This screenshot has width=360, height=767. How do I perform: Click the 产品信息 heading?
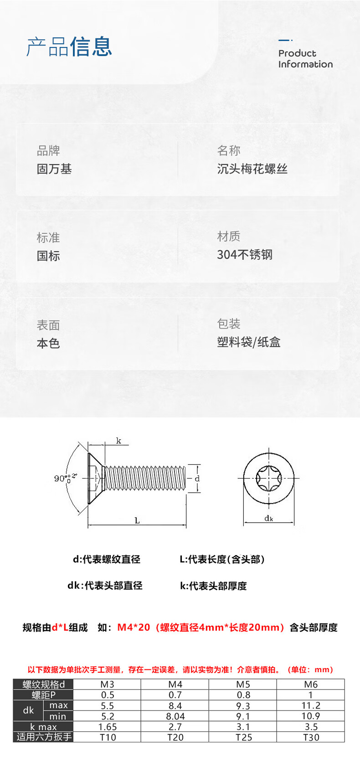(69, 46)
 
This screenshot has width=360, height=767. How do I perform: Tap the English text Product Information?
(305, 59)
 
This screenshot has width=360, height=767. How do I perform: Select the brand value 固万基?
(54, 169)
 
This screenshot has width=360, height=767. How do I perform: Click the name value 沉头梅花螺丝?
(252, 169)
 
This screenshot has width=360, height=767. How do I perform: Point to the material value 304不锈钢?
(245, 255)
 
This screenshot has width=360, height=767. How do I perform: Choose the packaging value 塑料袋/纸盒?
(248, 342)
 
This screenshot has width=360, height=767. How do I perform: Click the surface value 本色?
(48, 344)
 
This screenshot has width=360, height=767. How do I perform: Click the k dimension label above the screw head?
(118, 441)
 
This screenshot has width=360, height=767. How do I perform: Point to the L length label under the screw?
(137, 520)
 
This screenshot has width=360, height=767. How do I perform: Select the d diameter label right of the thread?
(197, 479)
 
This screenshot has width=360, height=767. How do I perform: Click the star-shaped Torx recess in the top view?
(268, 478)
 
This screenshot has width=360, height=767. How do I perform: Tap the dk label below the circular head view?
(269, 518)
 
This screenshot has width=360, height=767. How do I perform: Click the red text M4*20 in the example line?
(134, 628)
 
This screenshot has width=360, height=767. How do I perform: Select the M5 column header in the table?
(243, 684)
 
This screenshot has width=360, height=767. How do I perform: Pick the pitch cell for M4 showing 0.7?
(175, 695)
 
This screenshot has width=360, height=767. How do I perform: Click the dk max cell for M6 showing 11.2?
(311, 705)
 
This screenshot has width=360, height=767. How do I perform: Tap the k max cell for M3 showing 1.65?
(108, 727)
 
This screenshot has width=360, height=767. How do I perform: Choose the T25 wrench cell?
(243, 737)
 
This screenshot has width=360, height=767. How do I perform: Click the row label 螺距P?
(44, 695)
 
